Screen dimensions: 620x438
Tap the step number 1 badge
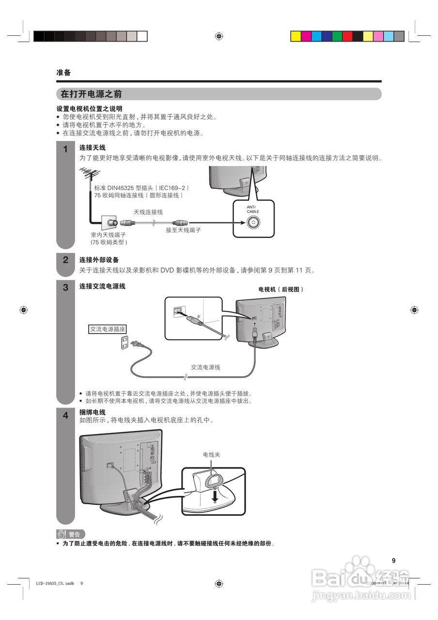click(65, 150)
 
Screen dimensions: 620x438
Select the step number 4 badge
click(65, 416)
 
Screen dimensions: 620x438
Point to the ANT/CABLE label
click(253, 210)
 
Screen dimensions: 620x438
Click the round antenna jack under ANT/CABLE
click(253, 223)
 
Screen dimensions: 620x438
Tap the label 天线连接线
click(148, 212)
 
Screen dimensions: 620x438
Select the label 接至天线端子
click(183, 230)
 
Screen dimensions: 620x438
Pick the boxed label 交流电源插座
click(108, 329)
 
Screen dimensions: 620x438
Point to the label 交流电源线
click(205, 367)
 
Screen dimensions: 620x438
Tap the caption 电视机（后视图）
click(281, 289)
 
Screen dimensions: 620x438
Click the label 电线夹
click(211, 455)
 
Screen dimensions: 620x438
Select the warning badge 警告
click(70, 534)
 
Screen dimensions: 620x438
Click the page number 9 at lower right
click(393, 560)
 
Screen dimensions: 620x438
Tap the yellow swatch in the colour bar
click(296, 36)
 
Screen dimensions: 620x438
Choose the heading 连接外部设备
click(99, 260)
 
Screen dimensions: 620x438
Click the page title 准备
click(63, 73)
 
